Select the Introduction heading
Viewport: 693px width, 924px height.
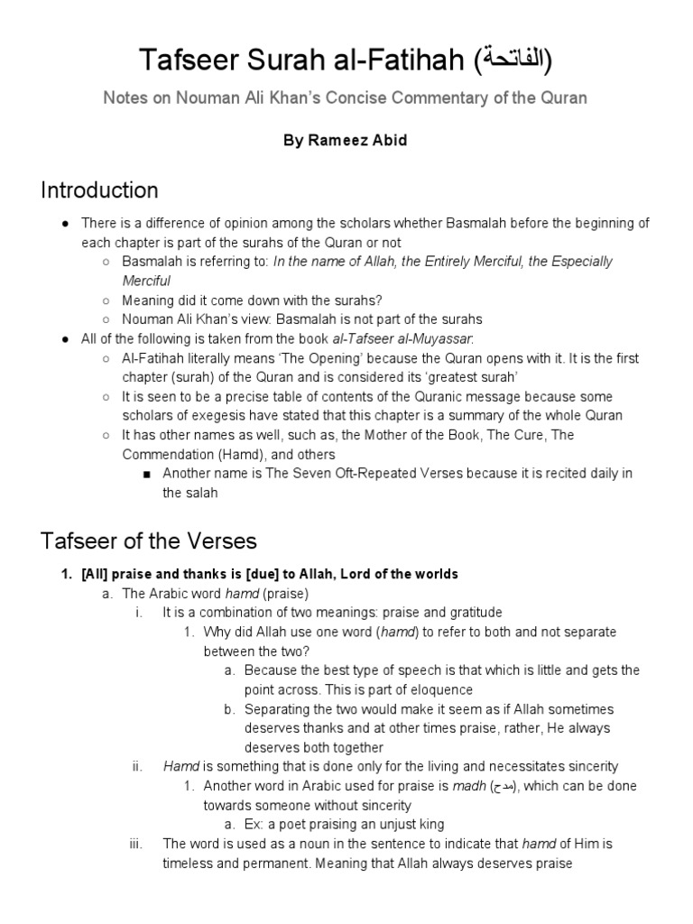click(99, 190)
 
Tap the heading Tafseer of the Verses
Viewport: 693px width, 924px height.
click(149, 541)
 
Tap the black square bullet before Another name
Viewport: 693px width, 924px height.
click(146, 474)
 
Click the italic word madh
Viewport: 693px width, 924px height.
click(468, 786)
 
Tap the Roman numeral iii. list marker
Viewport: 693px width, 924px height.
click(137, 844)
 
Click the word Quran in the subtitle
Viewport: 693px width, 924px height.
click(565, 97)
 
